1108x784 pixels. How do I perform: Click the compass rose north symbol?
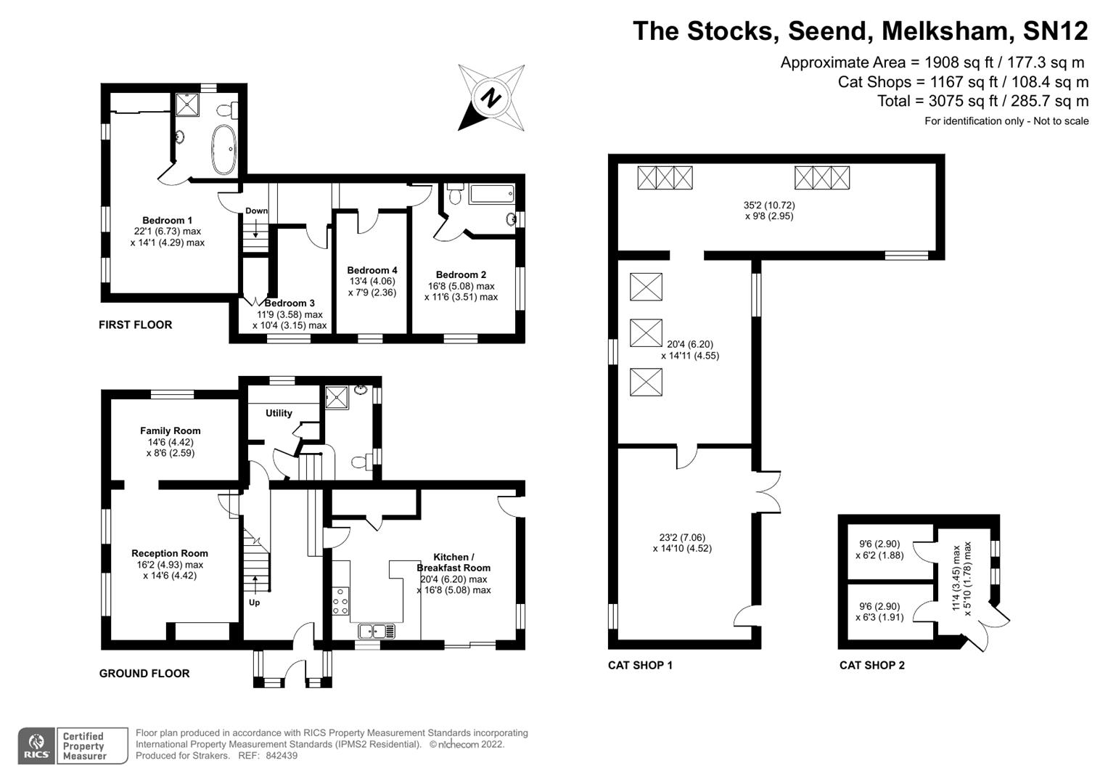click(x=491, y=97)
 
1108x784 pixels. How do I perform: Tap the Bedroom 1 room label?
click(x=167, y=220)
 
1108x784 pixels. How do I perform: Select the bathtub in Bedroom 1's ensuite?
click(x=223, y=150)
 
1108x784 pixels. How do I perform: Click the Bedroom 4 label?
click(x=372, y=270)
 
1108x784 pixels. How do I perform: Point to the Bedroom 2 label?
click(x=461, y=274)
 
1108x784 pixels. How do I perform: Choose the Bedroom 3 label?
click(x=290, y=303)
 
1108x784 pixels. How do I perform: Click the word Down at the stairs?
click(x=256, y=211)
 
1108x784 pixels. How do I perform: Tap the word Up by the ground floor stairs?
click(x=254, y=603)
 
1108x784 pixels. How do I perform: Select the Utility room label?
click(x=279, y=413)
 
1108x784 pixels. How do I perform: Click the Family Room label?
click(x=170, y=430)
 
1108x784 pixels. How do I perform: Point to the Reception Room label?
click(x=169, y=553)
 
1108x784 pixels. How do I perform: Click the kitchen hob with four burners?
click(x=340, y=601)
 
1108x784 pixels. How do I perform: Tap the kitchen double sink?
click(x=377, y=631)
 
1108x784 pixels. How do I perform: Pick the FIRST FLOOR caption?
click(x=135, y=324)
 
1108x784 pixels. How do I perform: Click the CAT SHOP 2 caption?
click(x=871, y=665)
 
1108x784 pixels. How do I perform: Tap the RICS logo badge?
click(x=36, y=746)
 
